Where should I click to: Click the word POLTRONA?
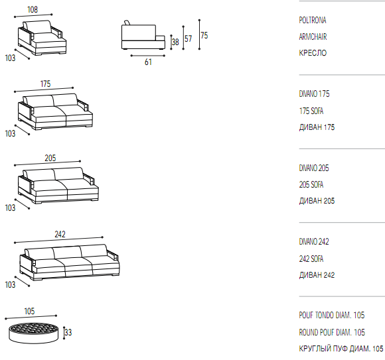tap(313, 20)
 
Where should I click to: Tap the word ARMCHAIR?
tap(313, 36)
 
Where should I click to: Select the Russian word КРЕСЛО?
tap(313, 53)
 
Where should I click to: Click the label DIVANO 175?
tap(314, 94)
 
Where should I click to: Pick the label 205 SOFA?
tap(311, 185)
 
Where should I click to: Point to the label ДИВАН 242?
tap(317, 275)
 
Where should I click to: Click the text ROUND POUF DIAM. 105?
tap(332, 333)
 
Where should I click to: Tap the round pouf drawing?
tap(34, 333)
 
